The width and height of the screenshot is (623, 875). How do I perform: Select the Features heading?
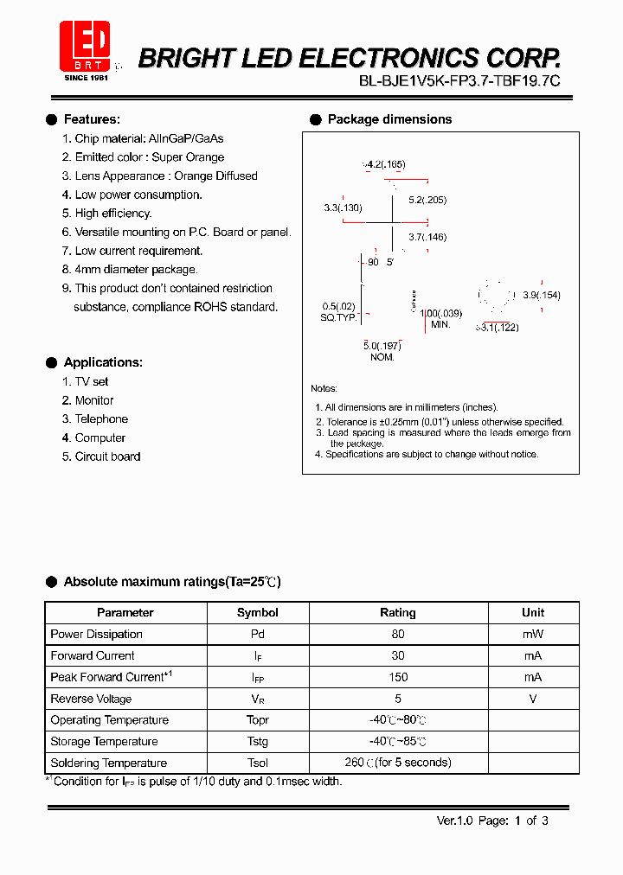92,119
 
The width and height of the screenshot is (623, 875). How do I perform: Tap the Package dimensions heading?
389,119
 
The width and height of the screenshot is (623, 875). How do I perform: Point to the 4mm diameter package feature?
136,270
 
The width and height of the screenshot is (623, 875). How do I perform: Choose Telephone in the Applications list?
100,419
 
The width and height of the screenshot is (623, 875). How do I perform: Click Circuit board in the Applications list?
107,457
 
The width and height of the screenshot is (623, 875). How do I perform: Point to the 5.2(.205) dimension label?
428,200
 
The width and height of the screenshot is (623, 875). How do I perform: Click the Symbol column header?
258,612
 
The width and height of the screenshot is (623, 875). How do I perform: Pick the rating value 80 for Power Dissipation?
398,634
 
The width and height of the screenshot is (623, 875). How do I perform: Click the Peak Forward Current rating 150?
398,677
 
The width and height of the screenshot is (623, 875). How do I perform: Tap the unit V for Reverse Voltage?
533,699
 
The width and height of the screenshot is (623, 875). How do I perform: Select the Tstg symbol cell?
258,742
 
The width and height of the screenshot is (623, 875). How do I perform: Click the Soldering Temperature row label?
109,763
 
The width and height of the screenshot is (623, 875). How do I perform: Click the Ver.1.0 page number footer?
491,821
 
